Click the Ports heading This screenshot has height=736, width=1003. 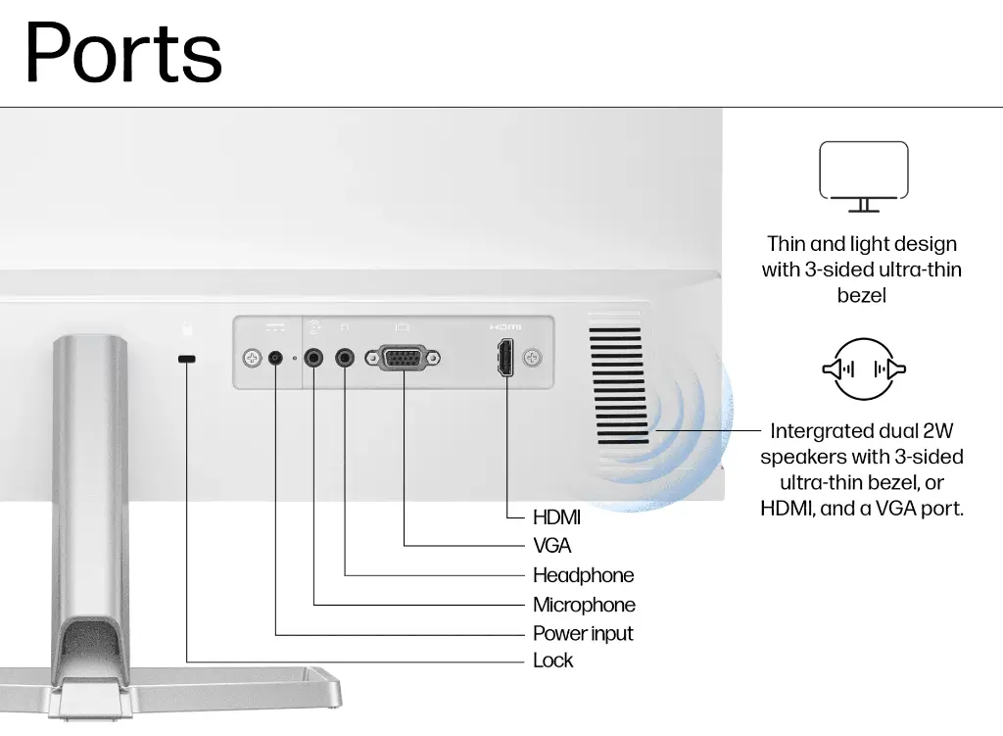[123, 53]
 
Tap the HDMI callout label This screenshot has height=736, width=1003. [556, 517]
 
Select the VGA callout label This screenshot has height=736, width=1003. [552, 546]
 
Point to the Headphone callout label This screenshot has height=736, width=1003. [584, 575]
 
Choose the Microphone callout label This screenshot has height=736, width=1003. [584, 605]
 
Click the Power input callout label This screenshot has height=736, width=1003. [583, 634]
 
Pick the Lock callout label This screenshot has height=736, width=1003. [552, 661]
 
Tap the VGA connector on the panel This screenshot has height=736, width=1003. [403, 358]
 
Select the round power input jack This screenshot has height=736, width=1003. [275, 358]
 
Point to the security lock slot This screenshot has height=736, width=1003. [187, 359]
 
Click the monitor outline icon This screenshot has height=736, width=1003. [864, 176]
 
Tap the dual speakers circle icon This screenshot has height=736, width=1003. [864, 369]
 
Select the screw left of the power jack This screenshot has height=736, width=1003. [252, 358]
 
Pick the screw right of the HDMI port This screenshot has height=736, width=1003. [532, 358]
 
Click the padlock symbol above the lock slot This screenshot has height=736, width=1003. [187, 328]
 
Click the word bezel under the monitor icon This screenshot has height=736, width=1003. [862, 296]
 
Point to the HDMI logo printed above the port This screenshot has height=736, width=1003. [505, 327]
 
